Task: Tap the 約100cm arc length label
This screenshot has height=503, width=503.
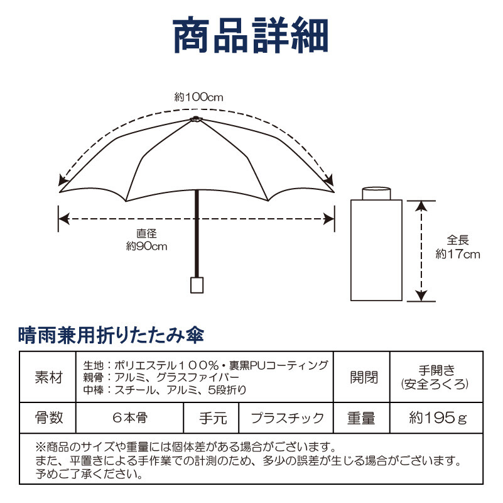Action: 198,97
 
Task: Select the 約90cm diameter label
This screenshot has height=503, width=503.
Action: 147,240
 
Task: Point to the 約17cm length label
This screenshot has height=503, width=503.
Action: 458,247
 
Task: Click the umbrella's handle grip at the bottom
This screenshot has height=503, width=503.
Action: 197,285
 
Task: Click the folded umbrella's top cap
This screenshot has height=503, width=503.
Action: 376,192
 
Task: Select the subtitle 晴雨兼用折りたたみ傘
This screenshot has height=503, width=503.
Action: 111,334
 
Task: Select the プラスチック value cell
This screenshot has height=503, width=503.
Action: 288,417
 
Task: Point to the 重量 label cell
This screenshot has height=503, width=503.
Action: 361,417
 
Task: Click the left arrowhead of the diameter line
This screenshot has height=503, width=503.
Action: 62,219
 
